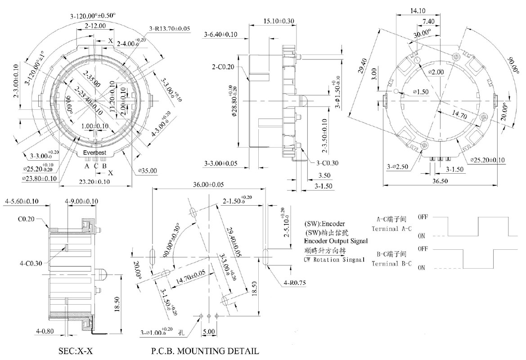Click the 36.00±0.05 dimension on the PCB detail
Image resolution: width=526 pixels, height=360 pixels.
(208, 185)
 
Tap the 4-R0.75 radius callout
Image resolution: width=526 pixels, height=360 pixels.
(295, 283)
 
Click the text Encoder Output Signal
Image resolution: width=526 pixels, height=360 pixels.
(336, 241)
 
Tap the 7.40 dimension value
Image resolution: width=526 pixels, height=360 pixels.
(428, 21)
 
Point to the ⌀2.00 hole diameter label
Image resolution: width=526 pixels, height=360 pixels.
(436, 72)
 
